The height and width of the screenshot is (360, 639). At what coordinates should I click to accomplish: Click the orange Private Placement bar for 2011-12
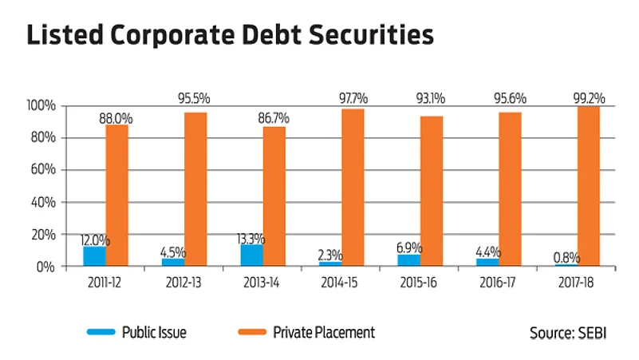pos(117,195)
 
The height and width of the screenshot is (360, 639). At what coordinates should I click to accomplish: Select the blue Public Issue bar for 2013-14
pos(251,255)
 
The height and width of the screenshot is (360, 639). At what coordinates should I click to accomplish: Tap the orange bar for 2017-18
pos(589,186)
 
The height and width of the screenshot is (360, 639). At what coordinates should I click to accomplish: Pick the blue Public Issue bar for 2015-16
pos(408,260)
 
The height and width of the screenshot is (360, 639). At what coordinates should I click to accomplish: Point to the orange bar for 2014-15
pos(353,188)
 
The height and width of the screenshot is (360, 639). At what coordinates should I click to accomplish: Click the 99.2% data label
pos(589,98)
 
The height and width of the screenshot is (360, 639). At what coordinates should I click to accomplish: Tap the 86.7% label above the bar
pos(274,118)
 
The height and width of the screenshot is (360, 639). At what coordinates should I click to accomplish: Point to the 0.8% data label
pos(566,258)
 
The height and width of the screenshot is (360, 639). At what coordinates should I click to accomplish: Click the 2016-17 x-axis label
pos(499,283)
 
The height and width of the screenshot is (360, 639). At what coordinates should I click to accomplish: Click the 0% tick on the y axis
pos(45,267)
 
